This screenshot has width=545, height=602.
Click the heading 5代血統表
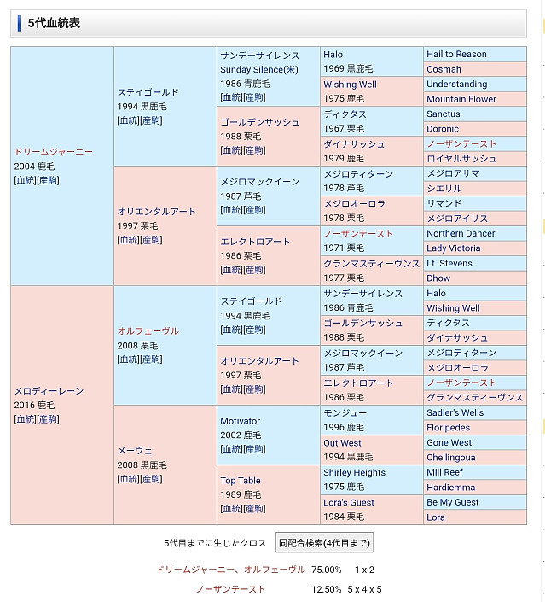click(x=54, y=24)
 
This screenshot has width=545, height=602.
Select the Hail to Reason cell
click(x=456, y=54)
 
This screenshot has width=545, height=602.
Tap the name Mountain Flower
click(x=461, y=99)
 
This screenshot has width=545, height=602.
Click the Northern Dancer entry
click(x=461, y=233)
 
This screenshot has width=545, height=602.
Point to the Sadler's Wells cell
click(x=455, y=412)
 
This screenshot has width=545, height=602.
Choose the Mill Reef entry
click(x=444, y=472)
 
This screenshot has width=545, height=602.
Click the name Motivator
click(x=240, y=421)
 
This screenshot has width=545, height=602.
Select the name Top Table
click(x=241, y=481)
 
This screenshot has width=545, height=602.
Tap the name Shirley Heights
click(x=354, y=472)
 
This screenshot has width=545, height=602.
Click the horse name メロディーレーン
click(x=49, y=390)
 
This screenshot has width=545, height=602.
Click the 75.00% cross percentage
click(x=326, y=570)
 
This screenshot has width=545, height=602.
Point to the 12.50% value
click(x=326, y=589)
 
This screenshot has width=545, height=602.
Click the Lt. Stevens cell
click(x=449, y=263)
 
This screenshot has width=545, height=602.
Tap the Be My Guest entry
click(x=452, y=502)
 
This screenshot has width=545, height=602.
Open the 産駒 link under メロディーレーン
click(x=48, y=419)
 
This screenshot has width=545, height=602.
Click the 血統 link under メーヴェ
click(x=128, y=479)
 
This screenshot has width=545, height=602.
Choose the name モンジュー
click(x=345, y=412)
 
